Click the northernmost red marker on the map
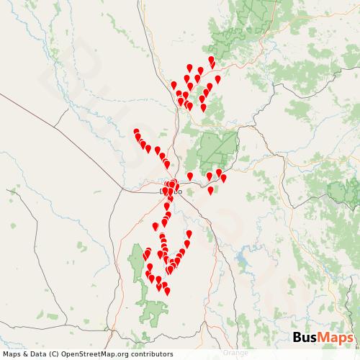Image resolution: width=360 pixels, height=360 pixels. click(211, 60)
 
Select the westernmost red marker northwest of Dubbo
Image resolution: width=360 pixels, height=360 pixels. click(136, 132)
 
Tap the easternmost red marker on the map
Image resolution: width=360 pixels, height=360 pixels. click(223, 178)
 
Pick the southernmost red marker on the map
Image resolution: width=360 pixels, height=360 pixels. click(167, 292)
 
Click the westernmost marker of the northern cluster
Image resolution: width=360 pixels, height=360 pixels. click(174, 85)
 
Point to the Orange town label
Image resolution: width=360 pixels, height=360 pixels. click(235, 353)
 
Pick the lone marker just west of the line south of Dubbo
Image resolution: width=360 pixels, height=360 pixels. click(156, 227)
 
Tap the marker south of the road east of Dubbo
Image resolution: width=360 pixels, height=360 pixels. click(211, 191)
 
